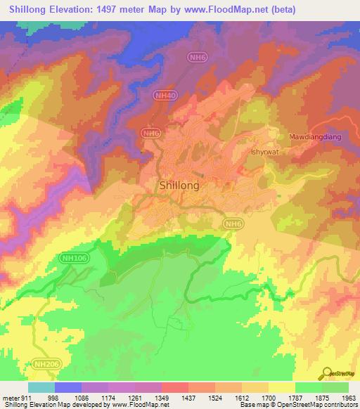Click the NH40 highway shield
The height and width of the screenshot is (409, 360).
coord(162,94)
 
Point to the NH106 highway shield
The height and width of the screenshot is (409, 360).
coord(67,257)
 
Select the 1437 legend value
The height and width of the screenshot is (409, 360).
coord(187,398)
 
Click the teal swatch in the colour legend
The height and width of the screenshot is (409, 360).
coord(41,387)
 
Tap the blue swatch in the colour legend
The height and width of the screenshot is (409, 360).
coord(68,387)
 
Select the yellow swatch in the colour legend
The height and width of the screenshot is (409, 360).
coord(281,387)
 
